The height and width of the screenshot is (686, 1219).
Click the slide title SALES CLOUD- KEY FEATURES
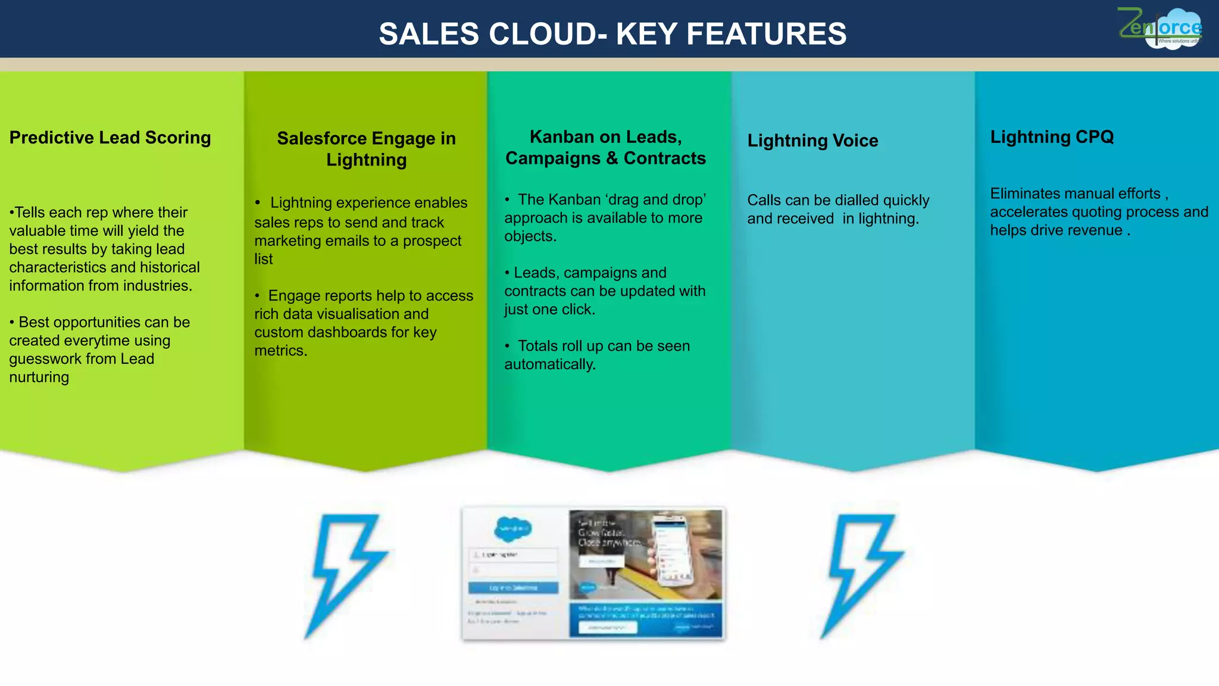[x=612, y=34]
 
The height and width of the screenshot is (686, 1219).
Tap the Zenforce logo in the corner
[x=1159, y=28]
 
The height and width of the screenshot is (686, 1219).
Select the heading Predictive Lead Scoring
[x=110, y=138]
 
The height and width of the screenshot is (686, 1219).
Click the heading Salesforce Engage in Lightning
[x=366, y=149]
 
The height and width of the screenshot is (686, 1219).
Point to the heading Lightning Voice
[x=812, y=141]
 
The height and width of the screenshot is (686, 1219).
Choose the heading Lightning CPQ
[x=1052, y=137]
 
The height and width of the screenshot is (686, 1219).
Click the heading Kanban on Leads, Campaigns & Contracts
[x=605, y=148]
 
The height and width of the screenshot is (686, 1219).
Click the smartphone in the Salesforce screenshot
[x=671, y=548]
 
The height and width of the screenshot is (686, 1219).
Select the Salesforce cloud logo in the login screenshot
[x=513, y=528]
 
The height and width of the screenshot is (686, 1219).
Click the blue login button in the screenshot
[x=513, y=588]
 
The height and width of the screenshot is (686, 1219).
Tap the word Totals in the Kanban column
[x=539, y=346]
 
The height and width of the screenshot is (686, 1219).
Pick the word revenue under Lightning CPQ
[x=1093, y=230]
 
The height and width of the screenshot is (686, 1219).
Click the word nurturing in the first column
[x=39, y=378]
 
